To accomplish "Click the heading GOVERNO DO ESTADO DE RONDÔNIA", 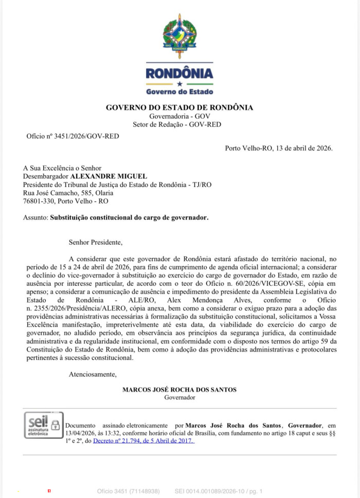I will (x=179, y=108).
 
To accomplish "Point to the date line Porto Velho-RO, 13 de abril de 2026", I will (x=279, y=149).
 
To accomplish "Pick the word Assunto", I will (x=35, y=217).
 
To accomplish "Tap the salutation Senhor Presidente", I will (x=96, y=242).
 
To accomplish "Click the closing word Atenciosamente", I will (x=93, y=374).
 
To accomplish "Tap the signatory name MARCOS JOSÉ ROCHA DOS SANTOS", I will (x=179, y=390).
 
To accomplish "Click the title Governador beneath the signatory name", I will (x=179, y=397).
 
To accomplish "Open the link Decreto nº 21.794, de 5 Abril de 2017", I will (x=143, y=441).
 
